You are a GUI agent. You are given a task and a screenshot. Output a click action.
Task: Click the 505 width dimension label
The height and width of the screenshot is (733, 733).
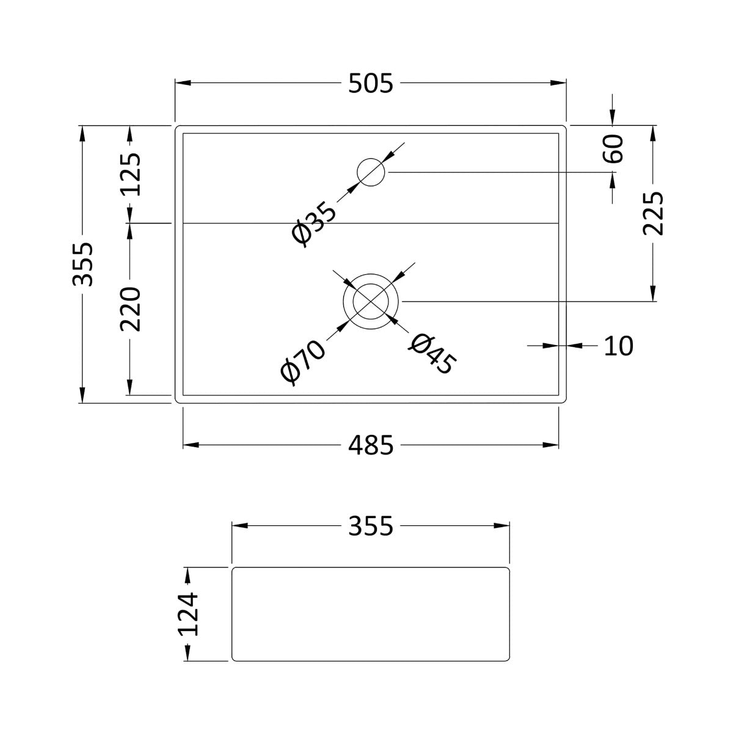pos(370,84)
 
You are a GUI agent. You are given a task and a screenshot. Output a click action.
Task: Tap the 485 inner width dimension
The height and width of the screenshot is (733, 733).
pos(370,445)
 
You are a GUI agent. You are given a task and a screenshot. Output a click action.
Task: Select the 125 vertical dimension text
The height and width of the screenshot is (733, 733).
pos(131,174)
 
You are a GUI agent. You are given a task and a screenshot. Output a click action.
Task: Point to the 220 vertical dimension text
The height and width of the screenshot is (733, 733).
pos(131,309)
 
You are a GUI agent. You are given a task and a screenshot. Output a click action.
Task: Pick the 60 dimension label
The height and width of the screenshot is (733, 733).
pos(613,148)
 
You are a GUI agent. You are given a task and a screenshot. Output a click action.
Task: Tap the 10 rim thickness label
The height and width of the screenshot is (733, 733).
pos(619,346)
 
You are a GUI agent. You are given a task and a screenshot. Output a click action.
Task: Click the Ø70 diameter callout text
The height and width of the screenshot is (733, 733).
pos(303,363)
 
